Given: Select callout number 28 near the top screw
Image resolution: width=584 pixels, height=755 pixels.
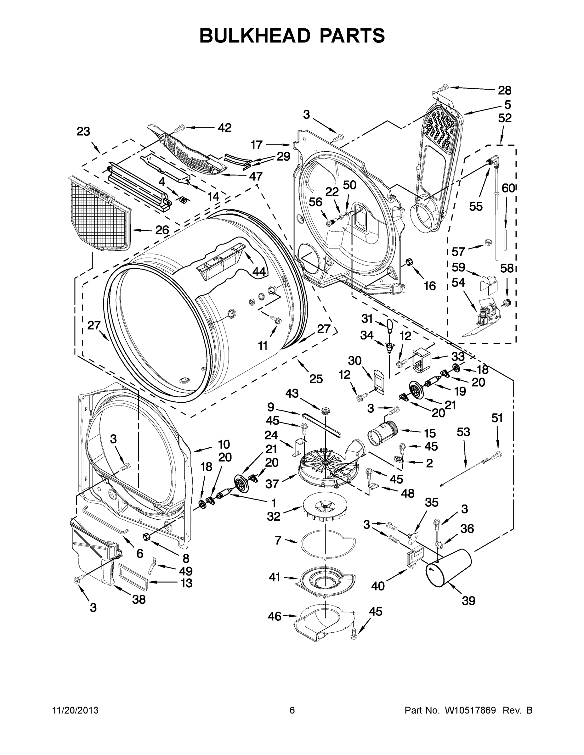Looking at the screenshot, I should click(x=504, y=91).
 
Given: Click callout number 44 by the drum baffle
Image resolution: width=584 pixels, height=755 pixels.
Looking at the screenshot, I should click(x=259, y=272).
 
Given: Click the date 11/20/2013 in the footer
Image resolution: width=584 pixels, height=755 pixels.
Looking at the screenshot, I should click(x=76, y=710).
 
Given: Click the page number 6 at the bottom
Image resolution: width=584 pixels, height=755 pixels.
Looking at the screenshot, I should click(x=292, y=710).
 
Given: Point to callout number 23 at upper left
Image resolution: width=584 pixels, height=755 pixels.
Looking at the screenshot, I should click(x=83, y=131).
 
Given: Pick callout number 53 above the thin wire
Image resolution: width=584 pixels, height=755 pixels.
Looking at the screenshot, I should click(x=463, y=432).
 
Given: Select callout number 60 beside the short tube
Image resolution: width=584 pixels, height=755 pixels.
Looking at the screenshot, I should click(x=508, y=188).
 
